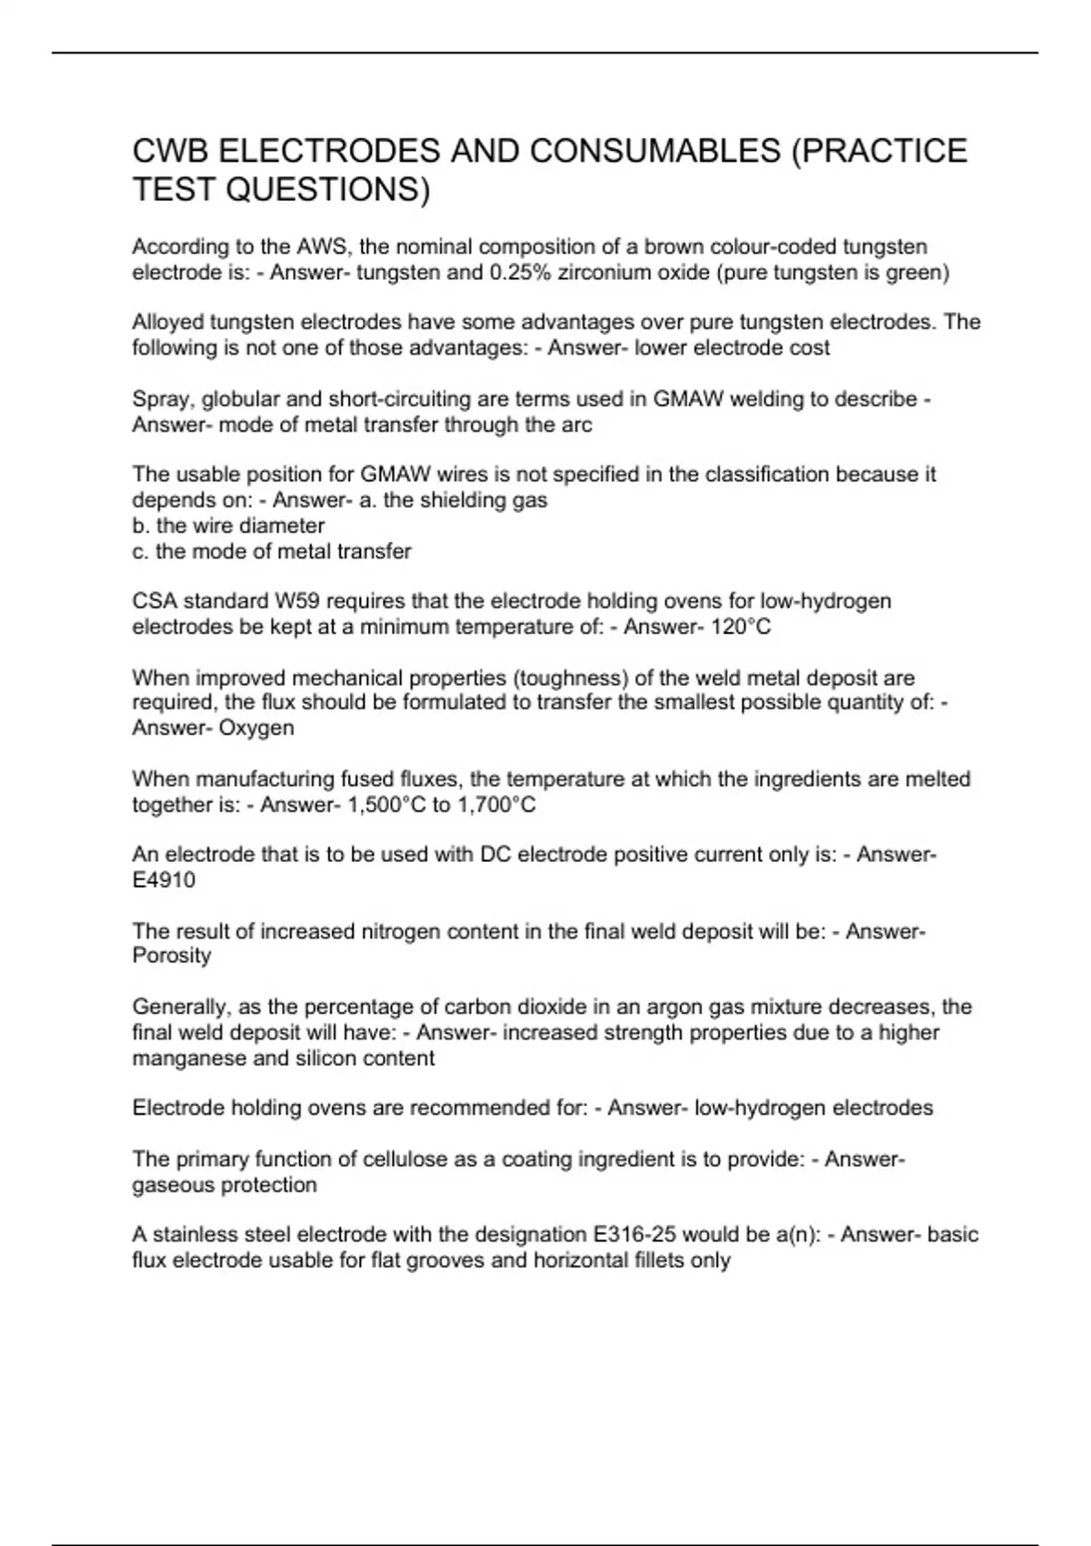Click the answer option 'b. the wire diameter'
pyautogui.click(x=228, y=526)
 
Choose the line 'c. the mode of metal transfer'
pyautogui.click(x=272, y=551)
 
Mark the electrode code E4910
pyautogui.click(x=164, y=879)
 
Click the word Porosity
pyautogui.click(x=172, y=956)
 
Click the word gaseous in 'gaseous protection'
pyautogui.click(x=172, y=1185)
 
